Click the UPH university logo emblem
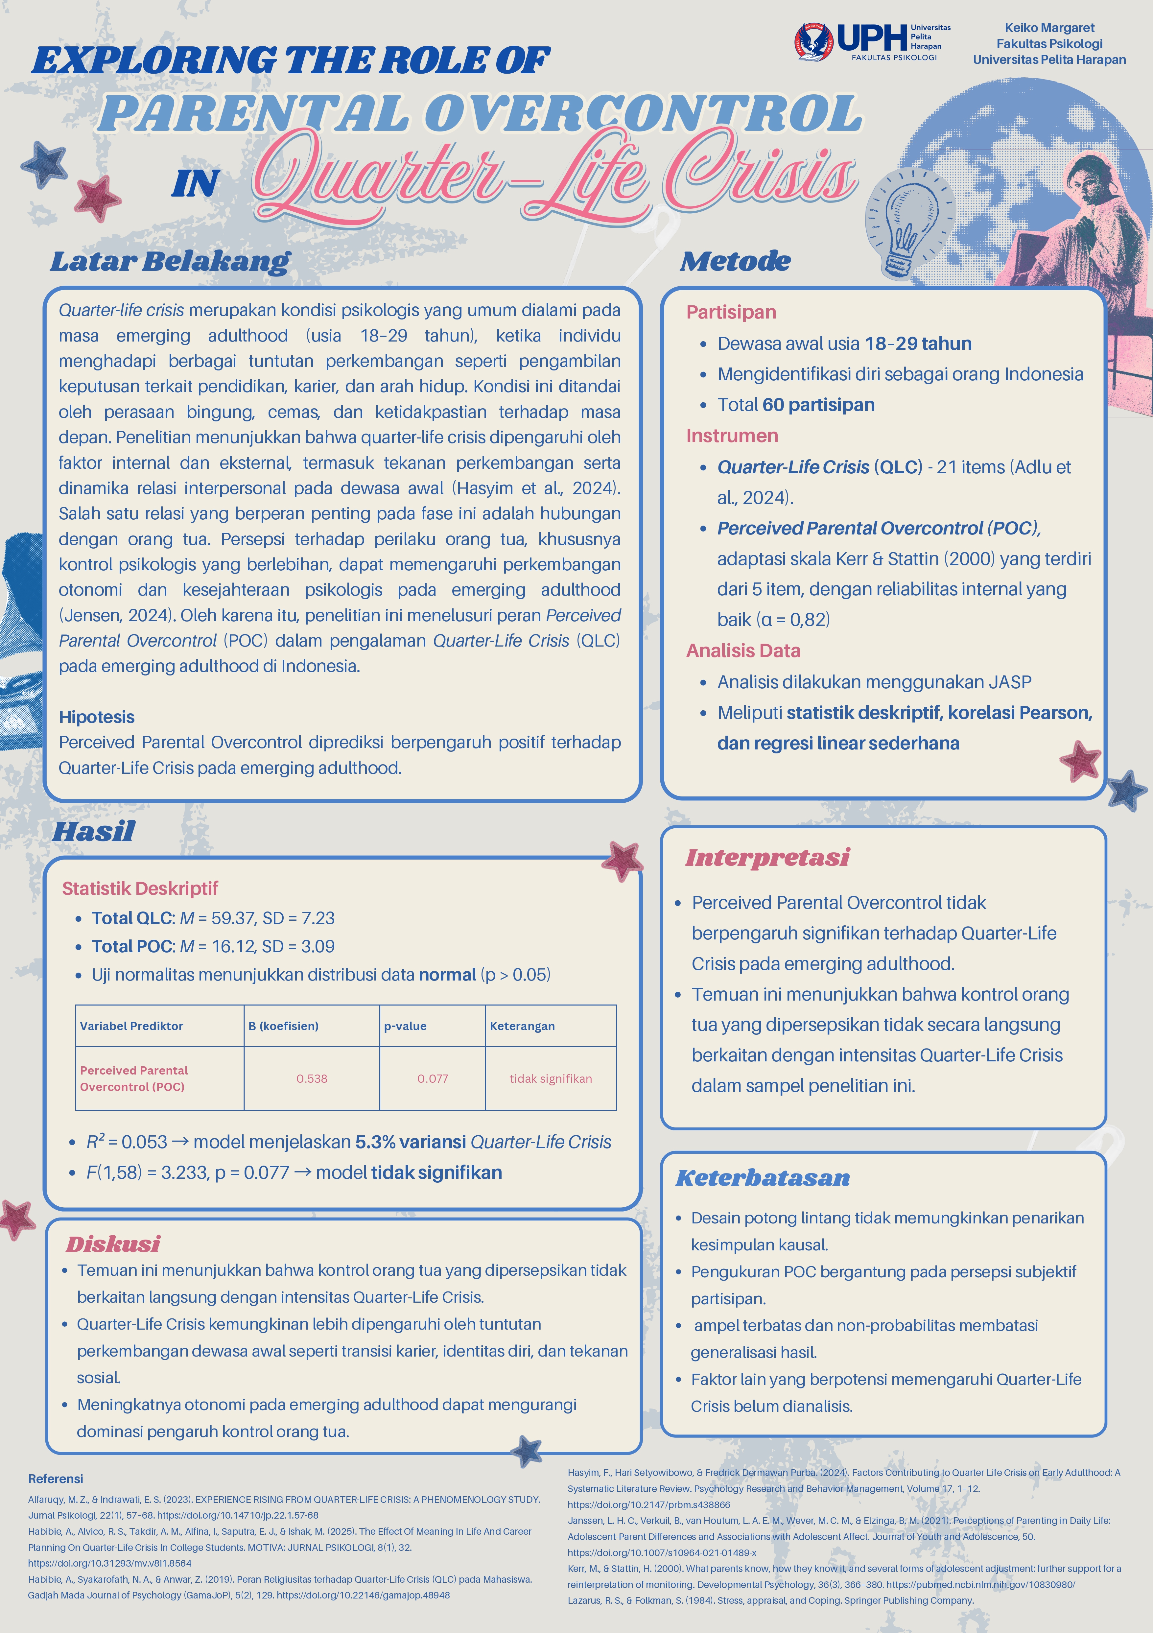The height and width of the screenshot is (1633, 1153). (814, 43)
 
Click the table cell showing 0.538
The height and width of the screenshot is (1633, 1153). (312, 1078)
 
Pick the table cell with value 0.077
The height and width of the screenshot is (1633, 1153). (433, 1078)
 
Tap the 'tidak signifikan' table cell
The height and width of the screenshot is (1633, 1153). (551, 1078)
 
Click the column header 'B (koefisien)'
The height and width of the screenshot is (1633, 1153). (283, 1026)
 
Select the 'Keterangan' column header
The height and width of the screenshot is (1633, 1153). (522, 1026)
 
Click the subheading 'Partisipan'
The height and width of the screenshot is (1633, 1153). (731, 312)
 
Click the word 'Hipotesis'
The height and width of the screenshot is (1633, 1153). (97, 717)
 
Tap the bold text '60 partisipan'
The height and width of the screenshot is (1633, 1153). (818, 405)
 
